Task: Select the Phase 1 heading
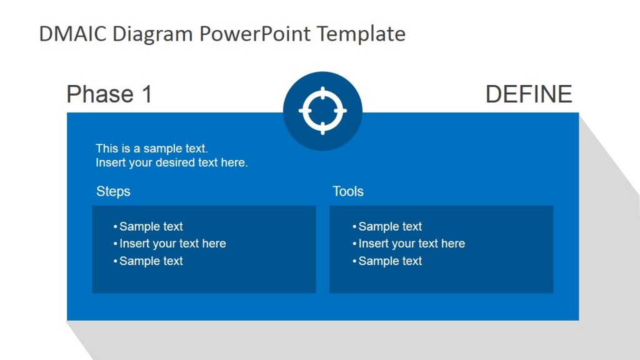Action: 109,94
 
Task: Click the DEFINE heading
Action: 529,94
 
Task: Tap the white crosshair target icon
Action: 322,111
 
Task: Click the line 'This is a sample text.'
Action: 152,149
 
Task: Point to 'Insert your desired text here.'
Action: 172,163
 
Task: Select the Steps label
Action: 114,191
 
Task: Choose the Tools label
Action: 348,191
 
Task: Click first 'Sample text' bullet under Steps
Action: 151,227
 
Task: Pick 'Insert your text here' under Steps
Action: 172,244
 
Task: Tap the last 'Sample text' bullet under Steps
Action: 151,261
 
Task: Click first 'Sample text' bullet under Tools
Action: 390,227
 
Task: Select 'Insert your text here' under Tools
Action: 411,244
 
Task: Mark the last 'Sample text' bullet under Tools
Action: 390,261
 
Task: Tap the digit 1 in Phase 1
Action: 146,94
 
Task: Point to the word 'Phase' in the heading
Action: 100,94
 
